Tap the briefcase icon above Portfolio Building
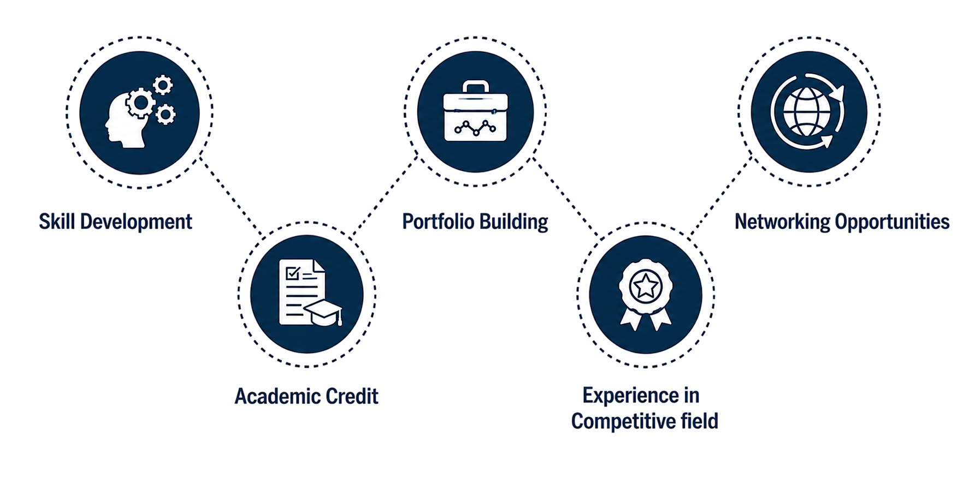[x=475, y=111]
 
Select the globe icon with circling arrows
[x=808, y=111]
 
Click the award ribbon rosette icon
[x=646, y=295]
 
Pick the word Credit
[x=352, y=396]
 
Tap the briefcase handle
[x=475, y=87]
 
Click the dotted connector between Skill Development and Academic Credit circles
[x=231, y=196]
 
